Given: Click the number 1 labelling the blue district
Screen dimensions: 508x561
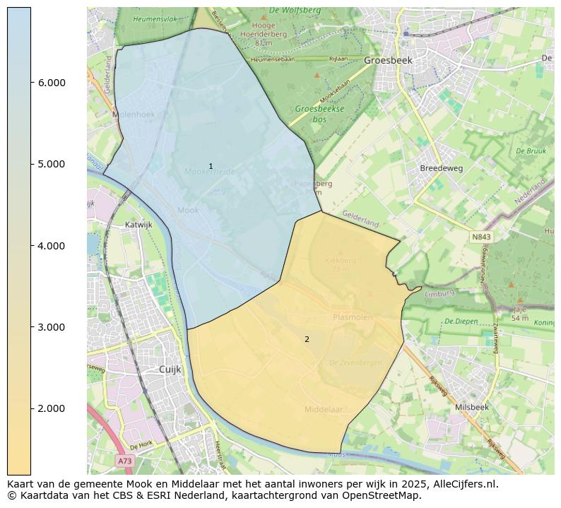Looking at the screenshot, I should pyautogui.click(x=211, y=166).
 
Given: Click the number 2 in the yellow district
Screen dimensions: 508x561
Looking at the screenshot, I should pyautogui.click(x=307, y=339).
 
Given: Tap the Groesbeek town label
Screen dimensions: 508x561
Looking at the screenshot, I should pyautogui.click(x=388, y=61).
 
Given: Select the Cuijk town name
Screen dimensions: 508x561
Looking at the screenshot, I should pyautogui.click(x=170, y=370).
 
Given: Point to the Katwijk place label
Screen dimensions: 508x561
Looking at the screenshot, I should pyautogui.click(x=138, y=225).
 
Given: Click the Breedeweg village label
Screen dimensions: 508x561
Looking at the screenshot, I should pyautogui.click(x=441, y=169).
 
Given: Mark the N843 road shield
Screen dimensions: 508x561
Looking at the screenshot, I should pyautogui.click(x=480, y=237).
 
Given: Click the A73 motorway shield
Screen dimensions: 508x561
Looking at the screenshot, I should pyautogui.click(x=124, y=461).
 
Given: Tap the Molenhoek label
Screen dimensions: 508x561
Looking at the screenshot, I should pyautogui.click(x=133, y=114).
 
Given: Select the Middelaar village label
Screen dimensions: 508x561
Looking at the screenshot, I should pyautogui.click(x=324, y=409).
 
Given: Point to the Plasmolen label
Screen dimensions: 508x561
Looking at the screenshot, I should pyautogui.click(x=353, y=317).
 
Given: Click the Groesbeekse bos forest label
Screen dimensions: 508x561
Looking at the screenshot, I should pyautogui.click(x=319, y=114).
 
